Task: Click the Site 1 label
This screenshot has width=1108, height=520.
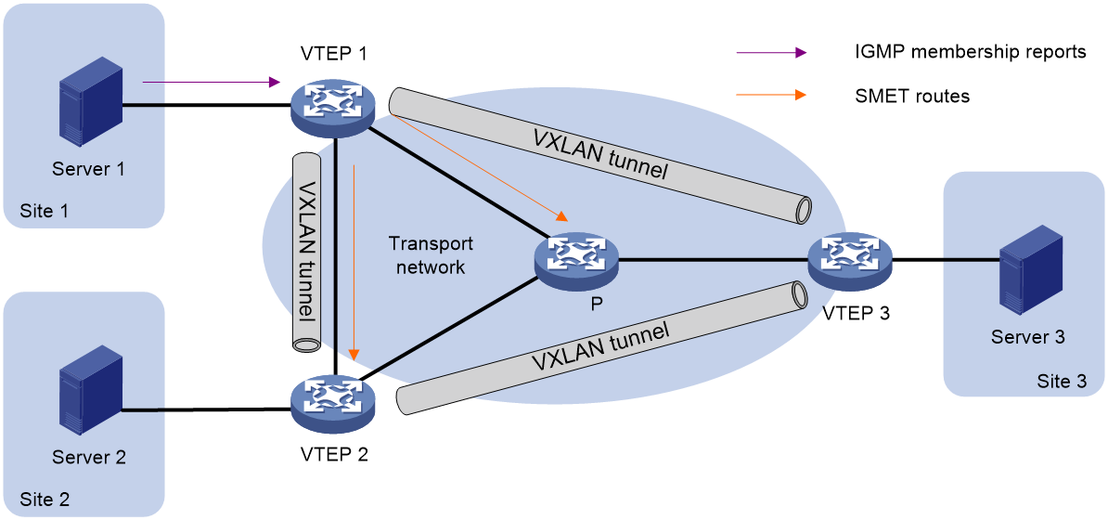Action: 44,211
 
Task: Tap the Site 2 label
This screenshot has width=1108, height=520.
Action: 44,500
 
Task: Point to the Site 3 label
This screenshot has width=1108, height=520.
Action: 1061,381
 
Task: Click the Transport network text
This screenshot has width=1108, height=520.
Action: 431,255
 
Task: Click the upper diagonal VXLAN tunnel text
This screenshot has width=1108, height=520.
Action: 599,154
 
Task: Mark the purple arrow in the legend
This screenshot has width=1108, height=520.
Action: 771,53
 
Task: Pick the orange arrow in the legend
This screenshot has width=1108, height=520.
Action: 771,95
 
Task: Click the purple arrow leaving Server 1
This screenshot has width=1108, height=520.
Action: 211,83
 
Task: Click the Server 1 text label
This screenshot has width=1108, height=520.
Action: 88,169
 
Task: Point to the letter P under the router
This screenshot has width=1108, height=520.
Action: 595,304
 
